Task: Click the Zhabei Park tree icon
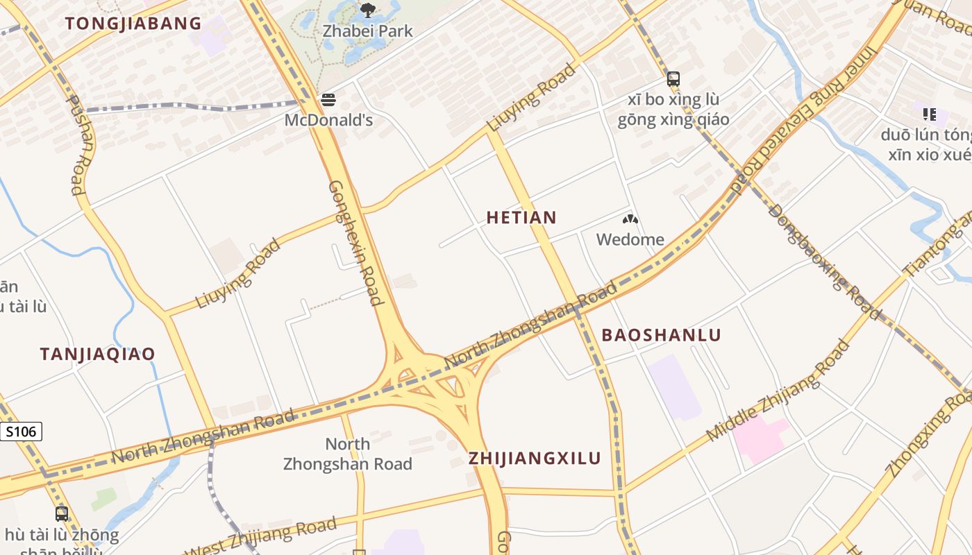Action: (368, 10)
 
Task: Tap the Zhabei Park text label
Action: (368, 31)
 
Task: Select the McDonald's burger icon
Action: (328, 100)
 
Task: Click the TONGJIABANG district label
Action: (133, 24)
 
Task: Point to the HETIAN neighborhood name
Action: (521, 218)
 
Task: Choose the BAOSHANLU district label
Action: (661, 335)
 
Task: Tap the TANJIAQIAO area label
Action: (97, 355)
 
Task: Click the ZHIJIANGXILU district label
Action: (535, 459)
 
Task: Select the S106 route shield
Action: (20, 432)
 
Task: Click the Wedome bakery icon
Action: (630, 220)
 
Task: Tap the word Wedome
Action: (630, 240)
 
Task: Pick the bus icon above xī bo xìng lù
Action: (673, 79)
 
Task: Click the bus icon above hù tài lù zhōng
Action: (62, 514)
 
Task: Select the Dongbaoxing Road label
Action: (825, 260)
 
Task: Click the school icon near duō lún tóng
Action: (930, 114)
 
